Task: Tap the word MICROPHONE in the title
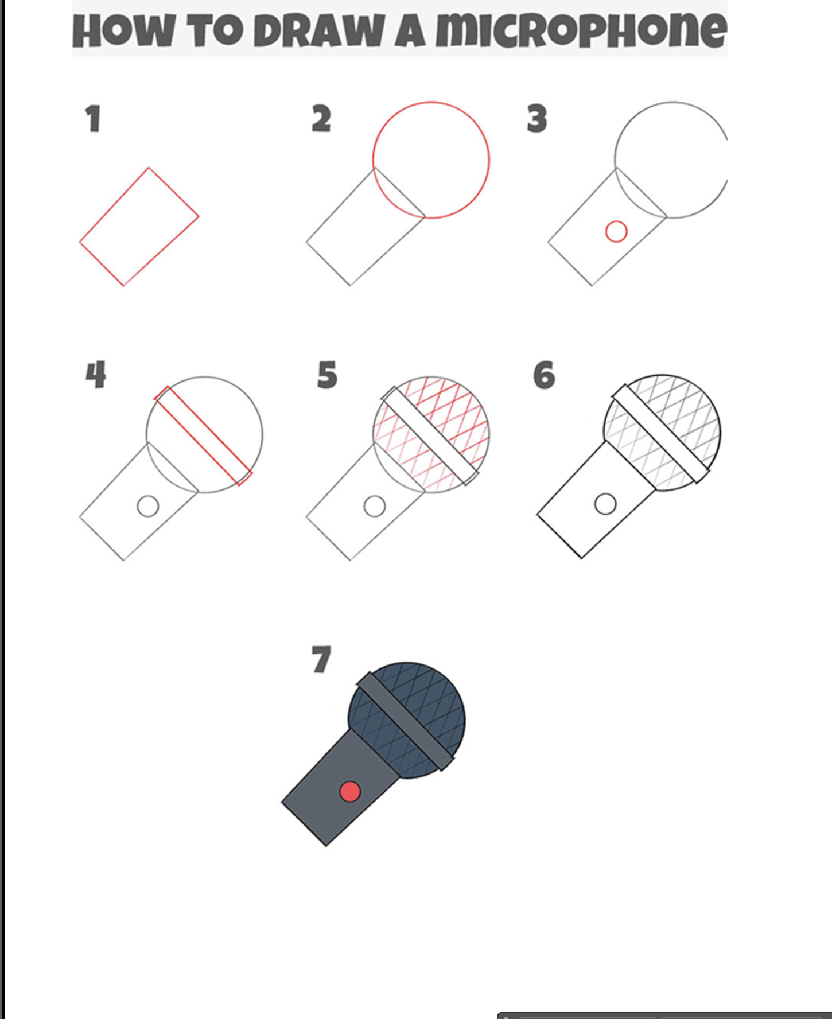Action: pyautogui.click(x=581, y=30)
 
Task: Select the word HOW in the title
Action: pyautogui.click(x=123, y=31)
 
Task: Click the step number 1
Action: pyautogui.click(x=93, y=119)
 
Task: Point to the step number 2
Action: pyautogui.click(x=321, y=119)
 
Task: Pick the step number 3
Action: pyautogui.click(x=537, y=119)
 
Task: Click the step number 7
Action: pyautogui.click(x=321, y=659)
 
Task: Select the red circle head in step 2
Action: pyautogui.click(x=489, y=160)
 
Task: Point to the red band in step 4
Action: pyautogui.click(x=203, y=435)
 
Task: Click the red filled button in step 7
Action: pyautogui.click(x=350, y=791)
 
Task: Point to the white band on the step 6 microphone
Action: pyautogui.click(x=660, y=433)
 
